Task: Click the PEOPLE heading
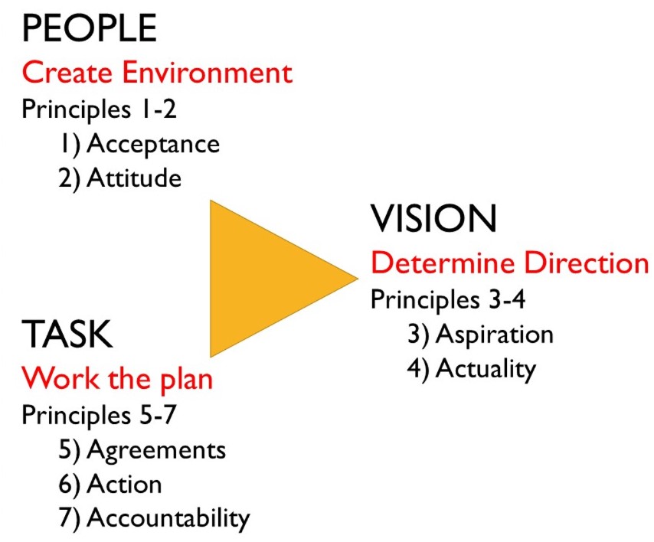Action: click(x=90, y=28)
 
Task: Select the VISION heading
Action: click(x=433, y=218)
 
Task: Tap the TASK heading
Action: click(x=67, y=334)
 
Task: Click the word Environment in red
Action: click(x=207, y=73)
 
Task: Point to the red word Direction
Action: click(x=586, y=263)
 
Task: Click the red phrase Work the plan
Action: click(x=117, y=379)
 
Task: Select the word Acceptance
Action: click(x=153, y=144)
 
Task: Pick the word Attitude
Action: click(x=134, y=178)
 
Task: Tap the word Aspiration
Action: click(x=494, y=335)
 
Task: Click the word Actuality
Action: click(x=486, y=369)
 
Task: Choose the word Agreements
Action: click(x=156, y=450)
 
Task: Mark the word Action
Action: click(x=124, y=484)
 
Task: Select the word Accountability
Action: click(x=168, y=518)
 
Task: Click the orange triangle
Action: click(x=267, y=279)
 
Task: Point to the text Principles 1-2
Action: click(x=100, y=109)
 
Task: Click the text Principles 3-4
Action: click(x=448, y=299)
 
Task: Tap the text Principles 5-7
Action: click(x=100, y=415)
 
